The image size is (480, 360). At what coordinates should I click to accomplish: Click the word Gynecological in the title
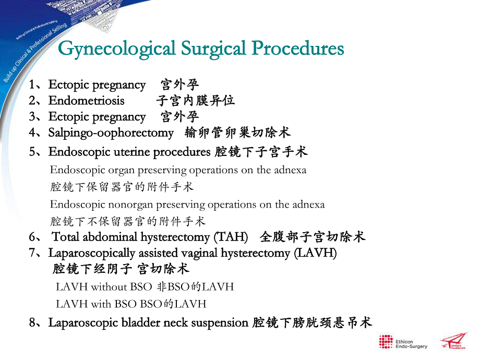pyautogui.click(x=116, y=49)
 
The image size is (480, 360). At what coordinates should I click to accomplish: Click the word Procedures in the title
pyautogui.click(x=298, y=49)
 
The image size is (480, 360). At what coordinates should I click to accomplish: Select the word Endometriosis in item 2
pyautogui.click(x=87, y=101)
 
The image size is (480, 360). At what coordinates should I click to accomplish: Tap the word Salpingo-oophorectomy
pyautogui.click(x=111, y=133)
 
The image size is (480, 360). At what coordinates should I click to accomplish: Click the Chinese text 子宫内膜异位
pyautogui.click(x=195, y=100)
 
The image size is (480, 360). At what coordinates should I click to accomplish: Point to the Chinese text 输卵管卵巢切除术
pyautogui.click(x=237, y=133)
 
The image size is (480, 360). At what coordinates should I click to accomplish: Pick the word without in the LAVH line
pyautogui.click(x=109, y=287)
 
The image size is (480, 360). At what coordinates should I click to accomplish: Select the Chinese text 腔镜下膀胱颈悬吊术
pyautogui.click(x=311, y=323)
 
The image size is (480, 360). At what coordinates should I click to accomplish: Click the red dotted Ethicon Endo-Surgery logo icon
pyautogui.click(x=386, y=342)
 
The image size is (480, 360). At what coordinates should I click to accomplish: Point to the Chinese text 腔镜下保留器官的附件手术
pyautogui.click(x=122, y=187)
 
